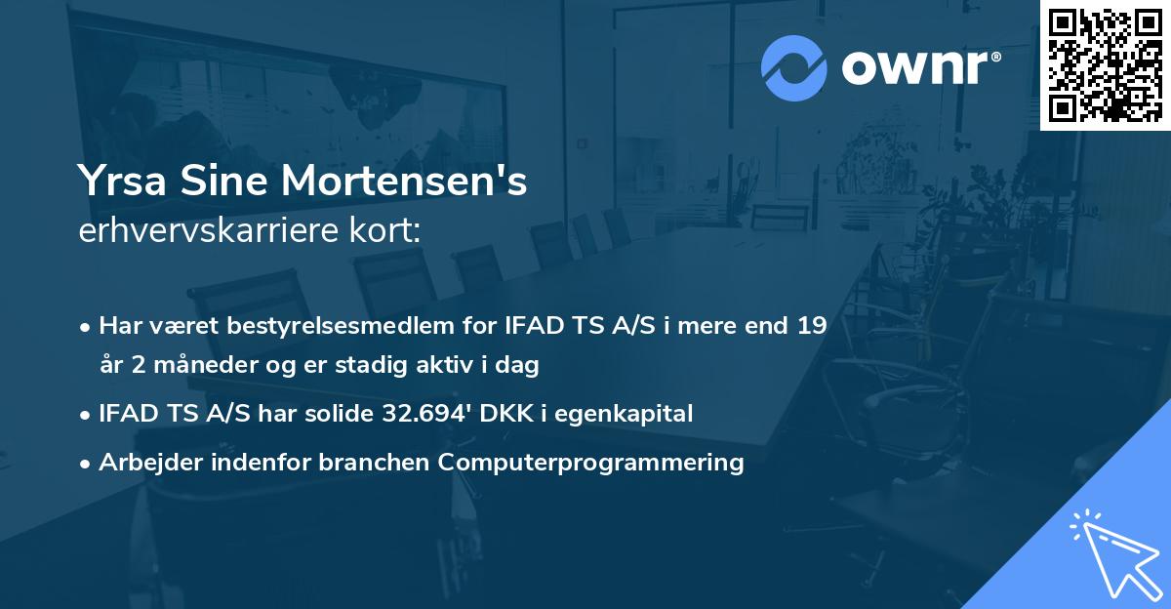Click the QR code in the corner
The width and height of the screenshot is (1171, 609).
(x=1105, y=65)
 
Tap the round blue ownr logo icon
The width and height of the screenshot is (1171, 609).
(x=794, y=67)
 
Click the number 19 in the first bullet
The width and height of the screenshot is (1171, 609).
(x=812, y=326)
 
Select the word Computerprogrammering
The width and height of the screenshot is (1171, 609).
(x=591, y=462)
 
